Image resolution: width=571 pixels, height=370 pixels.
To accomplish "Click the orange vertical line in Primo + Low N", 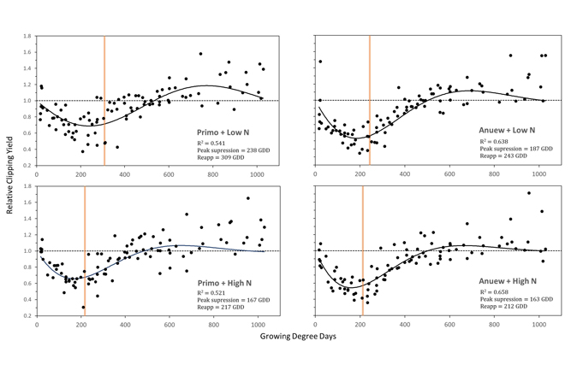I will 104,100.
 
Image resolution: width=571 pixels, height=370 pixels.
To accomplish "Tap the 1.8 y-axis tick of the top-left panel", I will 28,37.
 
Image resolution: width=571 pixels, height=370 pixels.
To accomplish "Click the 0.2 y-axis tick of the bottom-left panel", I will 28,315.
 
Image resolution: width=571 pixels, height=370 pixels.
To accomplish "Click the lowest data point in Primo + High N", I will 83,308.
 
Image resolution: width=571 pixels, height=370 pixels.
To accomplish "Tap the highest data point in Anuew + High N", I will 529,193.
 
